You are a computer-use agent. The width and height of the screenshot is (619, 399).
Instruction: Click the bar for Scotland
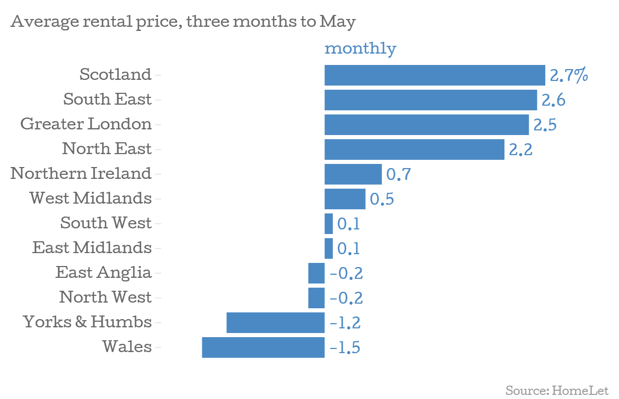coord(434,75)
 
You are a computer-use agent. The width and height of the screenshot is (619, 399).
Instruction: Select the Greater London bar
coord(426,125)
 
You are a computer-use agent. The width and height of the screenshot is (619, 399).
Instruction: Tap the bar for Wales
coord(263,347)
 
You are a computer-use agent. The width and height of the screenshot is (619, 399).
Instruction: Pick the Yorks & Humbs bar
coord(275,323)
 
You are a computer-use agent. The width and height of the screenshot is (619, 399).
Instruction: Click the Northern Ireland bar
coord(353,174)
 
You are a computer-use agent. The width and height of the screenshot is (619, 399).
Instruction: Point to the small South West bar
coord(329,224)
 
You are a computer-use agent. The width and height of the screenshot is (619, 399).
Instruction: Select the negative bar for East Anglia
coord(316,273)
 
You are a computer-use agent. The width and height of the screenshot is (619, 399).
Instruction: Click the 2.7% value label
coord(568,75)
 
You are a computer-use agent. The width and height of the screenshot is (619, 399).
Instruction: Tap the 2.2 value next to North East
coord(520,149)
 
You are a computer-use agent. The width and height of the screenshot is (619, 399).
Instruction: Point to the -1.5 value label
coord(345,347)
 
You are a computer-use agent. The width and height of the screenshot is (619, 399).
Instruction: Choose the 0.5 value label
coord(382,199)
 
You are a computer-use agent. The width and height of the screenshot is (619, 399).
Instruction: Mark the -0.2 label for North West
coord(346,298)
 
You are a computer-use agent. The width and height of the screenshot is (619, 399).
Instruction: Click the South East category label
coord(107,99)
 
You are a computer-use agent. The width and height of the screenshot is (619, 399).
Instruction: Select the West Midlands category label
coord(91,198)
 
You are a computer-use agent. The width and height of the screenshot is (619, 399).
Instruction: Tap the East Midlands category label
coord(92,247)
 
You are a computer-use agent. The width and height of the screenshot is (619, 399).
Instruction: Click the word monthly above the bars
coord(360,48)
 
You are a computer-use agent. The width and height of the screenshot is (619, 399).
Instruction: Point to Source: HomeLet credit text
coord(557,390)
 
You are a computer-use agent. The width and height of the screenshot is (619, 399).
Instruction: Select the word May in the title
coord(337,23)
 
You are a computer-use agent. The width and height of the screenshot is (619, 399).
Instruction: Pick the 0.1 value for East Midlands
coord(348,248)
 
